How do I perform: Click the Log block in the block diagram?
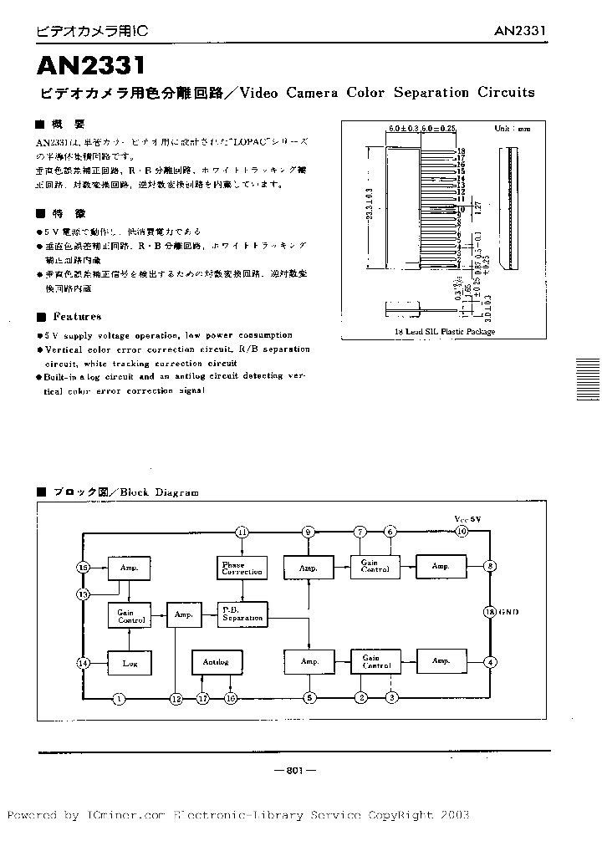[129, 662]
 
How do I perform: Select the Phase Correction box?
[242, 568]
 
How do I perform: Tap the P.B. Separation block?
[242, 614]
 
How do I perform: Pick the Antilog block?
[215, 662]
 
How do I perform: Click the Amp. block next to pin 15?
[129, 568]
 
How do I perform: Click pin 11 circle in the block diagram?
[242, 532]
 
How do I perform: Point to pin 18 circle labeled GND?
[491, 611]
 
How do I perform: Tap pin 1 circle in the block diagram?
[119, 698]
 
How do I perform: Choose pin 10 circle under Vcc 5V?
[461, 532]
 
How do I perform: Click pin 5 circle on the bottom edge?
[309, 698]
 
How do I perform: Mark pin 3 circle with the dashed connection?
[391, 698]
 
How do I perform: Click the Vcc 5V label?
[468, 519]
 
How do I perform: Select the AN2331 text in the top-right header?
[519, 31]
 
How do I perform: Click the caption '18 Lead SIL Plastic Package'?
[444, 331]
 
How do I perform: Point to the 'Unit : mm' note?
[512, 130]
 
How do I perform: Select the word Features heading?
[77, 317]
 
